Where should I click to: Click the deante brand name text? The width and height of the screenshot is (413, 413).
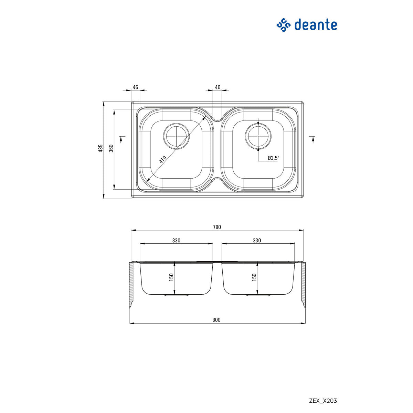pos(315,25)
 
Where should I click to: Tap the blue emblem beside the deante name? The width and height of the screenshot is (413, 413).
pos(284,25)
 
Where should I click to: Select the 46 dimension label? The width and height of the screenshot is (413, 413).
pos(135,87)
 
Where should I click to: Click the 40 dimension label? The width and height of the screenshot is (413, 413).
pos(218,87)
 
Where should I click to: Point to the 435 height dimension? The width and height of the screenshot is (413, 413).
pos(100,148)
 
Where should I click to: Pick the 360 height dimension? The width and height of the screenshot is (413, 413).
pos(111,148)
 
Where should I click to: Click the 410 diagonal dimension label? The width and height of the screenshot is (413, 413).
pos(163,159)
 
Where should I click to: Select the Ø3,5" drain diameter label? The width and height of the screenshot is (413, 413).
pos(274,158)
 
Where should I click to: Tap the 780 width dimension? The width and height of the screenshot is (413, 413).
pos(217,227)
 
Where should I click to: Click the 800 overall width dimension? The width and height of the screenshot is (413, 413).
pos(216,320)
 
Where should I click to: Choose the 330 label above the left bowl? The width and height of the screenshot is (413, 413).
pos(176,241)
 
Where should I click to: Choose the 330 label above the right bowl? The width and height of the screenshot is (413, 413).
pos(257,241)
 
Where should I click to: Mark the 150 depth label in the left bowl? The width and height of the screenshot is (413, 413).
pos(171,277)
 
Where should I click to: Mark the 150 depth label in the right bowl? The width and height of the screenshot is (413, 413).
pos(254,277)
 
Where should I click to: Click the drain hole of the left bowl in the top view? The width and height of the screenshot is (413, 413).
pos(177,135)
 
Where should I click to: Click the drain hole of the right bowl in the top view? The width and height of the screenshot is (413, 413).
pos(258,135)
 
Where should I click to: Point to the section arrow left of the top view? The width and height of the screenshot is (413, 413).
pos(121,138)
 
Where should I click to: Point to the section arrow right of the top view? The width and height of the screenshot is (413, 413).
pos(313,138)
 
